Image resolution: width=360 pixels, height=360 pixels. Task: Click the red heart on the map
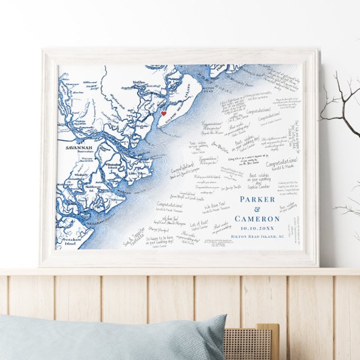pyautogui.click(x=164, y=113)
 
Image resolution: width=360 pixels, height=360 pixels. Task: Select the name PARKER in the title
pyautogui.click(x=257, y=199)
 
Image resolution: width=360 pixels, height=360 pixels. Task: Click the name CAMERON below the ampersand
pyautogui.click(x=257, y=219)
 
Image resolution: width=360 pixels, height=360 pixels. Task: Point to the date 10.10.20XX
pyautogui.click(x=257, y=228)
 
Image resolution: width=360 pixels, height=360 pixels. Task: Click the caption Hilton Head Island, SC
pyautogui.click(x=258, y=236)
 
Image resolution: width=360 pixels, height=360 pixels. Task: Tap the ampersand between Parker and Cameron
pyautogui.click(x=257, y=209)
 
